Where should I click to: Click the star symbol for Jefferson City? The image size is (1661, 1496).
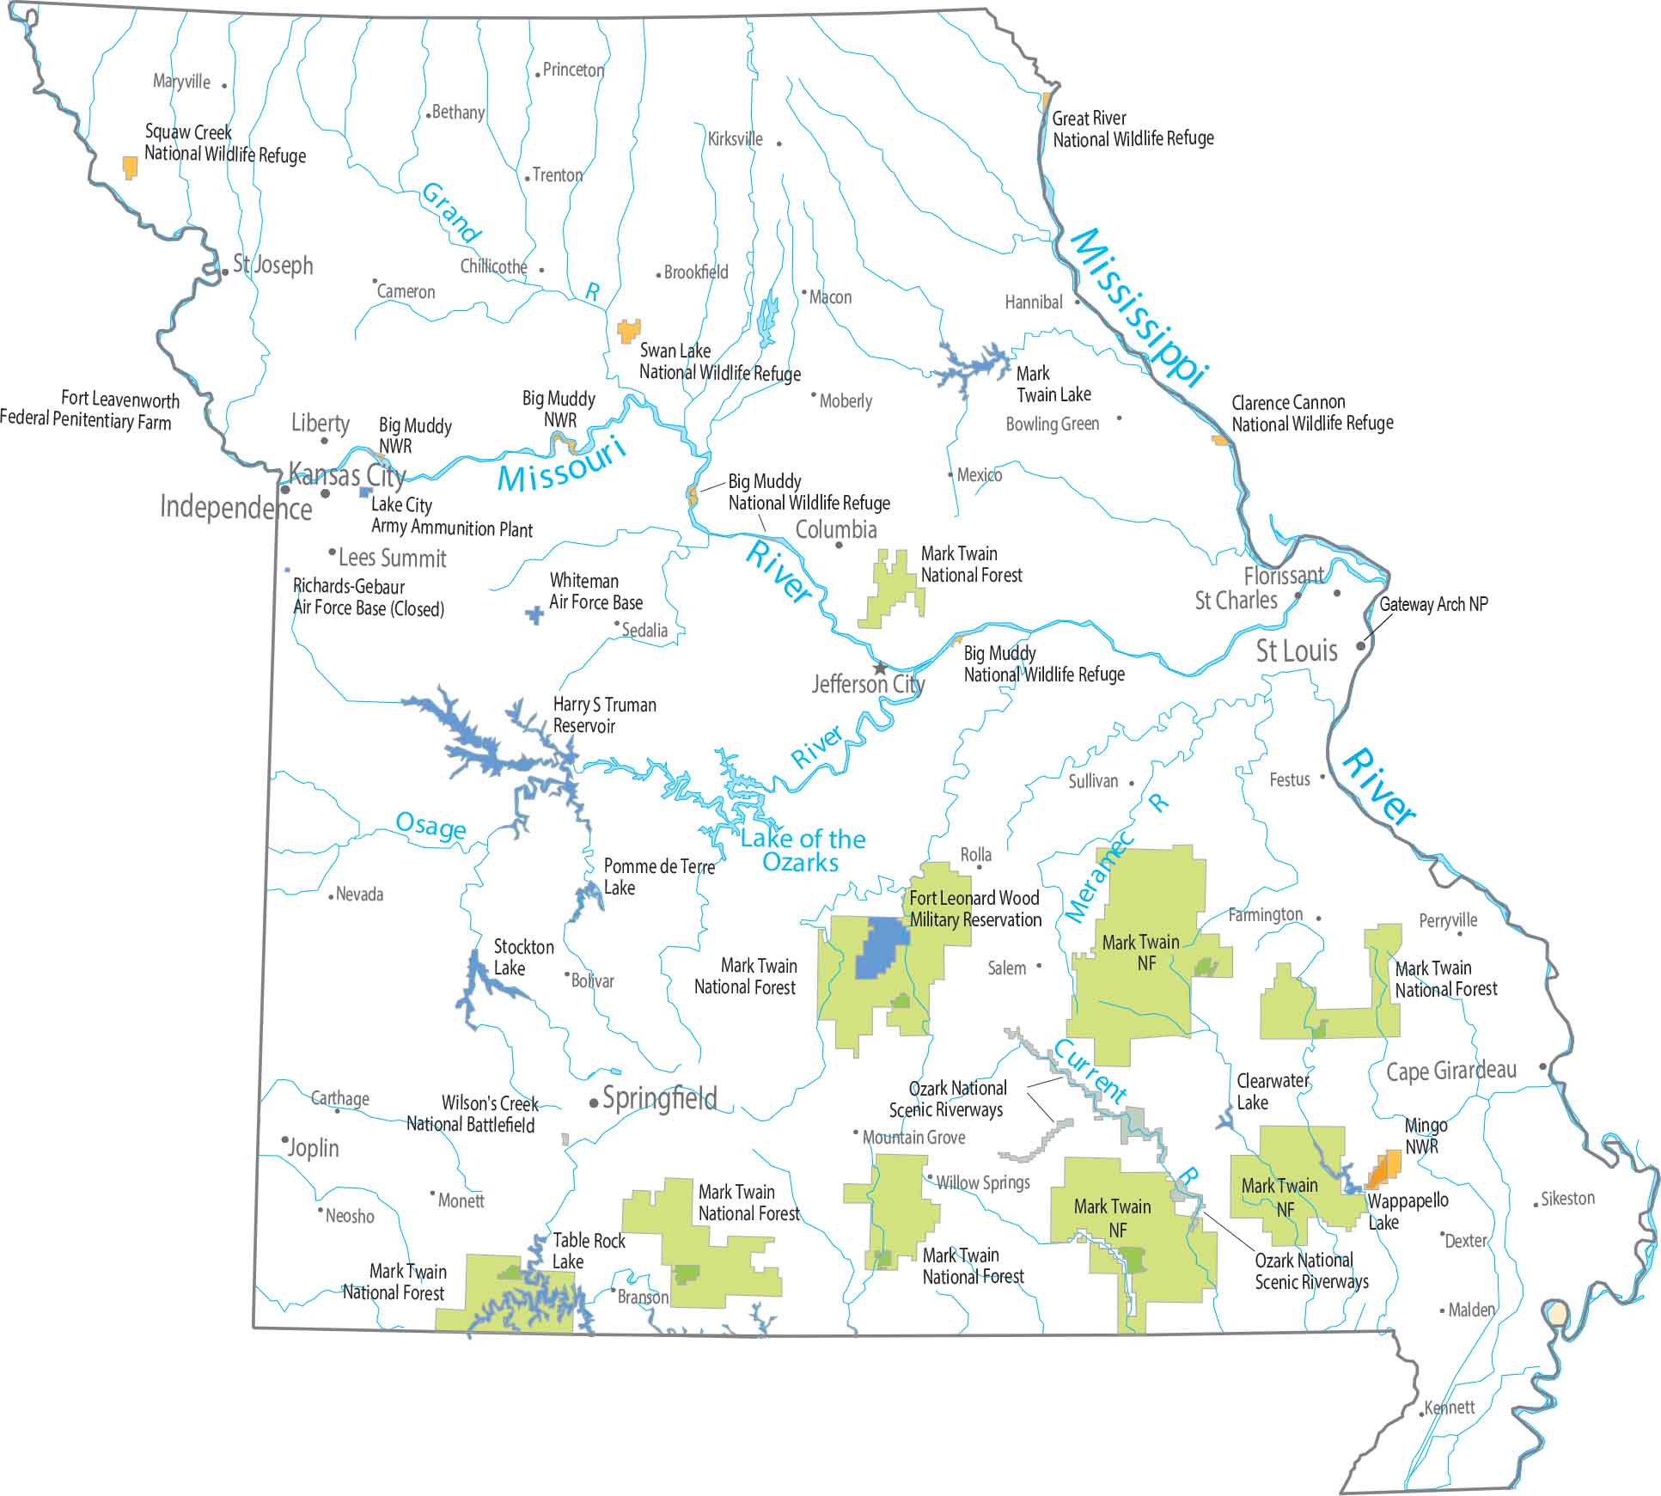(879, 668)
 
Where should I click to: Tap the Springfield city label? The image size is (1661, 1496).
(659, 1098)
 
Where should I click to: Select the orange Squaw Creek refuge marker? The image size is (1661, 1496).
(130, 167)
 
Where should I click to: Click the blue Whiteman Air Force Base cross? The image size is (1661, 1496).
(534, 615)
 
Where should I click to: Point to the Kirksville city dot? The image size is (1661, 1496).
(779, 143)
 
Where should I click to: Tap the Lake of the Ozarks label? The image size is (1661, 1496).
(802, 851)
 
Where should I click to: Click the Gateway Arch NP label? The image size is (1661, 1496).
(1433, 604)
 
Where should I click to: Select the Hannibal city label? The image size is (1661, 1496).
(1033, 302)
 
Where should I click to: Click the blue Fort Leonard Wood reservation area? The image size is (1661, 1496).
(880, 949)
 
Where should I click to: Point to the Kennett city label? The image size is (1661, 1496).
(1449, 1407)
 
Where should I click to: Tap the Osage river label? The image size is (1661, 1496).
(431, 826)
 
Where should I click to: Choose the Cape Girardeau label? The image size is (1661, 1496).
(1450, 1072)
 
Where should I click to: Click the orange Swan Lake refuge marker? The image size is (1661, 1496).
(629, 331)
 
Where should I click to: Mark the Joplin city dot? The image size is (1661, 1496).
(284, 1139)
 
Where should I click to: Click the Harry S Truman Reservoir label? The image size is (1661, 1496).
(603, 715)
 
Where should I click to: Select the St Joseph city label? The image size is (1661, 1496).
(272, 265)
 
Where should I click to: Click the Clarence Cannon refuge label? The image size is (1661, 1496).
(1311, 413)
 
